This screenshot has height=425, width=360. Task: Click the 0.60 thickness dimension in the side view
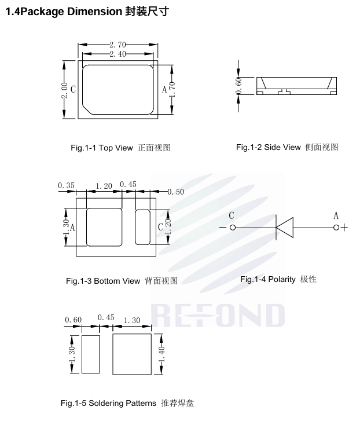click(x=238, y=86)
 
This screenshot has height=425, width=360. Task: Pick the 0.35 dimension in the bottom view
click(x=66, y=185)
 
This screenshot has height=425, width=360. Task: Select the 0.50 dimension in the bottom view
click(x=175, y=192)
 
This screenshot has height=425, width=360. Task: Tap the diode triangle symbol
click(x=285, y=228)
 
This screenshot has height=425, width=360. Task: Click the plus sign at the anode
click(x=344, y=228)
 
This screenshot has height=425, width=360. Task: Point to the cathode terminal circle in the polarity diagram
click(x=233, y=228)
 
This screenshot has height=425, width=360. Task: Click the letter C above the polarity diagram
click(x=232, y=215)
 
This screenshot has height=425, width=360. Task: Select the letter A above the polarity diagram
click(x=336, y=215)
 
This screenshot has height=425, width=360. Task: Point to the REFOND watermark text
click(x=218, y=316)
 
